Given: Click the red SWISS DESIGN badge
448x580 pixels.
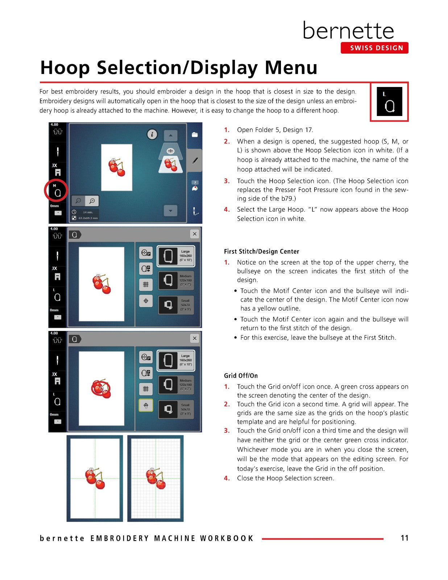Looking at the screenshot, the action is tap(374, 48).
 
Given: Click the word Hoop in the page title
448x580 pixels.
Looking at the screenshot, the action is tap(65, 67).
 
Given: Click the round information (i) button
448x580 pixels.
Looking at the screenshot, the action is tap(152, 134).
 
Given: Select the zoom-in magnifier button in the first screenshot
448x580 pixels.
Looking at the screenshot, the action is tap(92, 201).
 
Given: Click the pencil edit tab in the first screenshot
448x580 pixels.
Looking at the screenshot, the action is tap(195, 161).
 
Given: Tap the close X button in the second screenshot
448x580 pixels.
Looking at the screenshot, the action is tap(195, 234).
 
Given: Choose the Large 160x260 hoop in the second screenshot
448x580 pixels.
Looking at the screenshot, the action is tap(175, 256).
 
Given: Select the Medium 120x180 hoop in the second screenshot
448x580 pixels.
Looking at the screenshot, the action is tap(175, 280).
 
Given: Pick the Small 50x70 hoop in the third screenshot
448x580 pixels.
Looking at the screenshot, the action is tap(175, 409).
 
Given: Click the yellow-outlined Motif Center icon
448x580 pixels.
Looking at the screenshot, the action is tap(146, 405).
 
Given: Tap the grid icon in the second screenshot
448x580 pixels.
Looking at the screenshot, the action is tap(146, 285).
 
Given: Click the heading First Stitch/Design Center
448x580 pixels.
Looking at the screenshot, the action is tap(261, 252).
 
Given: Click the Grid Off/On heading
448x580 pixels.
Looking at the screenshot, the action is tap(241, 376).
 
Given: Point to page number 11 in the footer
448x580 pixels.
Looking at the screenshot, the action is tap(404, 538).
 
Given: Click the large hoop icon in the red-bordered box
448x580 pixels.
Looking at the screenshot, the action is tap(389, 102).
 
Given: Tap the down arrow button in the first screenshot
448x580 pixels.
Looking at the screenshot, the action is tap(170, 210).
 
